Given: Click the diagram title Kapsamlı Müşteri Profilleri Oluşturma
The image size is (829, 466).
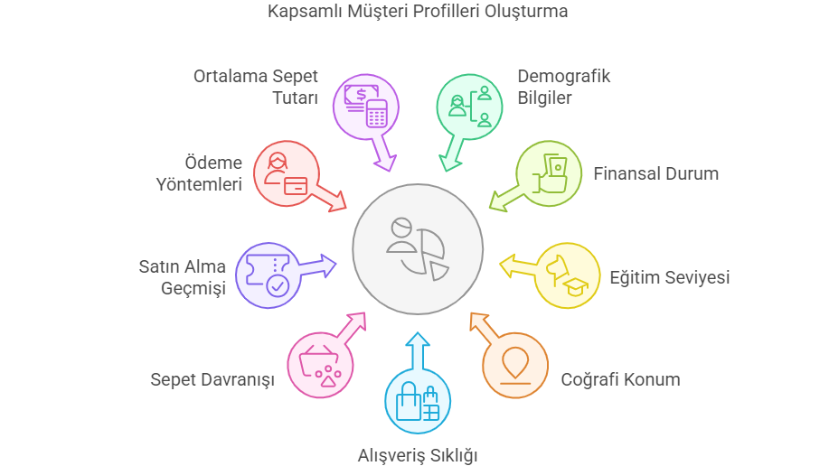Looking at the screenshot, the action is pyautogui.click(x=417, y=11).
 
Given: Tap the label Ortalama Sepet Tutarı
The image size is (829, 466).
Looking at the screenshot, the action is pyautogui.click(x=255, y=87).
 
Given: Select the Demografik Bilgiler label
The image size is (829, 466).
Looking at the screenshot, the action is pyautogui.click(x=563, y=87).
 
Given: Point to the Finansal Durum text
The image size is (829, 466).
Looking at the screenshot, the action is pyautogui.click(x=655, y=173).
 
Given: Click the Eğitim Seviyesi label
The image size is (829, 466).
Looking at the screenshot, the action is pyautogui.click(x=669, y=277).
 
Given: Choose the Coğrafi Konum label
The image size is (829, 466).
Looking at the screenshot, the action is pyautogui.click(x=620, y=379).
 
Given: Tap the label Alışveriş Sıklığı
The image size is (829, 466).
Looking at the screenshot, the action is pyautogui.click(x=418, y=455).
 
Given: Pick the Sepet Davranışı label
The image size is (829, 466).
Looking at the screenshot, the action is pyautogui.click(x=212, y=379).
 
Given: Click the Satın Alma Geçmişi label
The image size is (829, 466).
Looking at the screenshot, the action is pyautogui.click(x=183, y=277).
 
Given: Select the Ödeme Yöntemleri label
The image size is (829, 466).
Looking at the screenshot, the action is pyautogui.click(x=199, y=173).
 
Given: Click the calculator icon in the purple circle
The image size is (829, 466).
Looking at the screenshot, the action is pyautogui.click(x=376, y=114).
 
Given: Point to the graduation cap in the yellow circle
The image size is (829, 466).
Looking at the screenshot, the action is pyautogui.click(x=575, y=287).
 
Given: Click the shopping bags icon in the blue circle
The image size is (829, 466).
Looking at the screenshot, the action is pyautogui.click(x=418, y=402).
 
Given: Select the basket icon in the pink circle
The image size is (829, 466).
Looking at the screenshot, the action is pyautogui.click(x=319, y=366).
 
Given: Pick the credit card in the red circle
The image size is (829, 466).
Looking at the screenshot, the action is pyautogui.click(x=296, y=186).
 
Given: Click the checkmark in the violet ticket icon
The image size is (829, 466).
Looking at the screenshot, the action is pyautogui.click(x=278, y=286).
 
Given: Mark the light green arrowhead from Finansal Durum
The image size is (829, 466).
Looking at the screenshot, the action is pyautogui.click(x=498, y=201).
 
